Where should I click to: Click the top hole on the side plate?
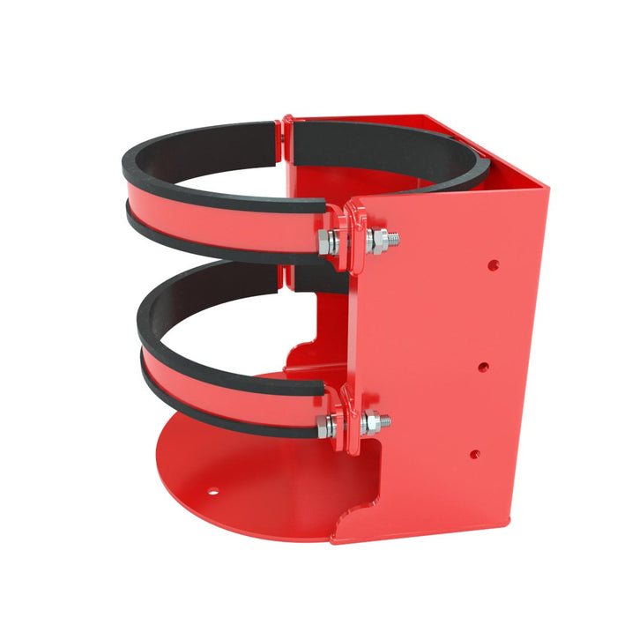click(x=493, y=264)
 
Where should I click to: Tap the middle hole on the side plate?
click(x=483, y=365)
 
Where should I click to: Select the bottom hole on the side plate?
click(x=474, y=455)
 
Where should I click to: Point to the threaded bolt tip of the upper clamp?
click(x=393, y=238)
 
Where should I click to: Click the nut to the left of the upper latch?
click(x=324, y=243)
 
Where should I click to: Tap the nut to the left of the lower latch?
click(x=325, y=427)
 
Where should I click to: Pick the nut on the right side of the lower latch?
click(x=372, y=423)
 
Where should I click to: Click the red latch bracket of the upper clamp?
click(x=354, y=233)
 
